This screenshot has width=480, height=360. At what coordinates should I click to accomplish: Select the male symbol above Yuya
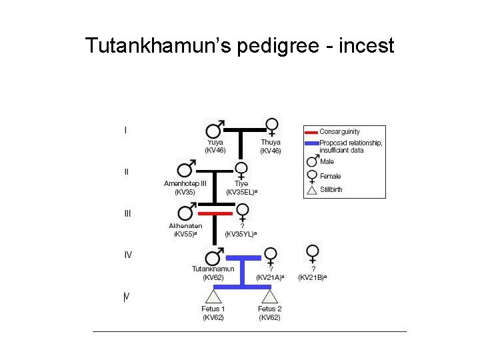(215, 129)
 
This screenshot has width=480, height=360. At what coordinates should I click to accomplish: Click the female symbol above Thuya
(271, 127)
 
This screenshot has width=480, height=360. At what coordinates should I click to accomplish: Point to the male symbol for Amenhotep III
(185, 170)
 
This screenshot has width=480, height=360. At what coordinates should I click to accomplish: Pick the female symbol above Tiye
(241, 170)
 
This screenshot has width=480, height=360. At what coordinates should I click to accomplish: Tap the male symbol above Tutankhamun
(215, 257)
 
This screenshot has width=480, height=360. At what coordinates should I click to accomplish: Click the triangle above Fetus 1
(213, 296)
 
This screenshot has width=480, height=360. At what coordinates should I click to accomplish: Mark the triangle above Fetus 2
(269, 296)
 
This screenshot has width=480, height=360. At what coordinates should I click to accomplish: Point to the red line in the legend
(311, 131)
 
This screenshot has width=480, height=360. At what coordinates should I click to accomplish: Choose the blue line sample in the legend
(311, 143)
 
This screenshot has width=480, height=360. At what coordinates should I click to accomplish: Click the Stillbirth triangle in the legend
(311, 191)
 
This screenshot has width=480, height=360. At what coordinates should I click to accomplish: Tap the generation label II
(126, 171)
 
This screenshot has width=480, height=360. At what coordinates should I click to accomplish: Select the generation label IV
(127, 255)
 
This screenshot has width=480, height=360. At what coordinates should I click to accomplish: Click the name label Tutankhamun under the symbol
(213, 269)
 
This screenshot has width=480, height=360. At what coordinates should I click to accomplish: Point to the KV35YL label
(241, 235)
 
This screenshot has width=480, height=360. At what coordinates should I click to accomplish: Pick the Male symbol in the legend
(311, 161)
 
